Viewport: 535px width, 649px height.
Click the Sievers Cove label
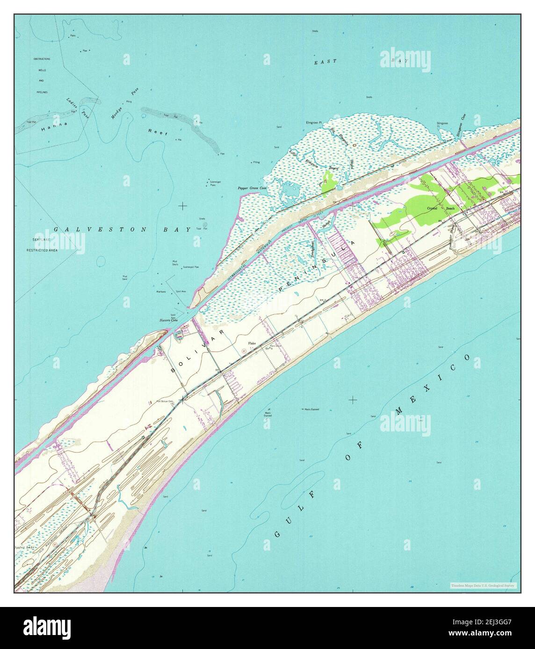pos(168,321)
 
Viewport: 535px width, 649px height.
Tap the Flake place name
pos(253,343)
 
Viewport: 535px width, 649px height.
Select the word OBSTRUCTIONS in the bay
pos(42,59)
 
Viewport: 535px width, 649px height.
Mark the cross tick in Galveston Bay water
pos(182,205)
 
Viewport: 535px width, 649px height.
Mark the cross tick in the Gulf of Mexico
pos(353,400)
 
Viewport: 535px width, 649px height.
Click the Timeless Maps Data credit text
pos(483,585)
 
